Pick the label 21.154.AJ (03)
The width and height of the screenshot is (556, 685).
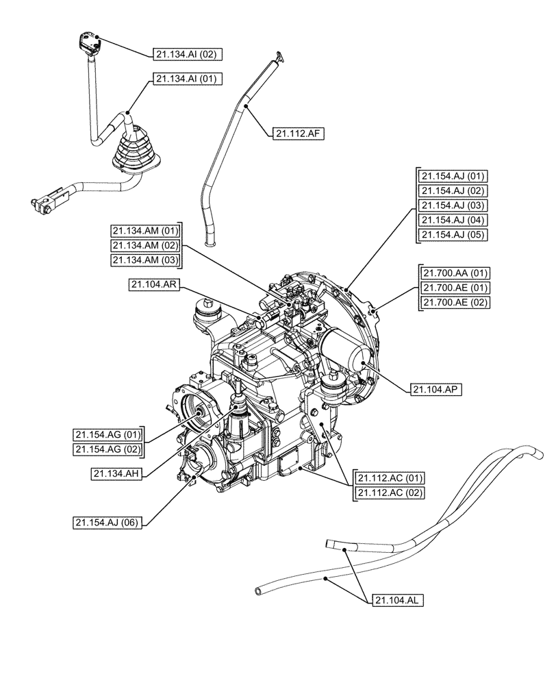[452, 206]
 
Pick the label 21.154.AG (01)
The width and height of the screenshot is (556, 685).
[108, 434]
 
